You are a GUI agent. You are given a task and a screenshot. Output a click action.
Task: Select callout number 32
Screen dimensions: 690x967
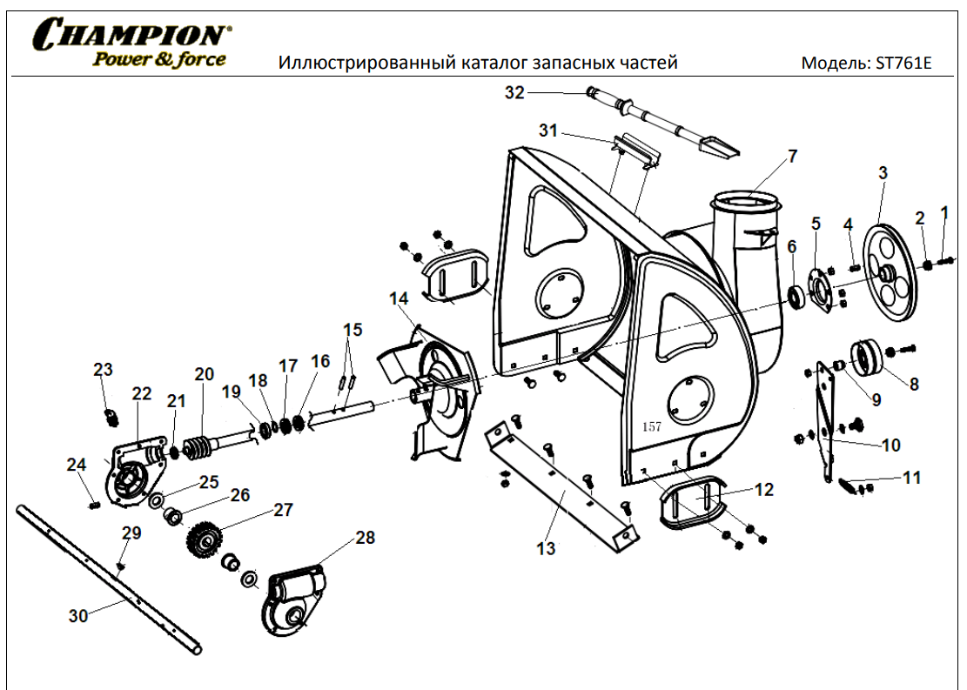point(514,92)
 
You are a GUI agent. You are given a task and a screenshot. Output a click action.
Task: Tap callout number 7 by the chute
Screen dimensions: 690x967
point(792,157)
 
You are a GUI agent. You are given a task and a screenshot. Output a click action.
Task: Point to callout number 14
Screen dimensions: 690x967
point(399,299)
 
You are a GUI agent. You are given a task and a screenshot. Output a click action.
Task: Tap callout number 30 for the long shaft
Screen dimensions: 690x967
point(78,615)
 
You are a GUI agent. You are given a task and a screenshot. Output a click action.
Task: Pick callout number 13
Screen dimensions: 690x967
point(546,549)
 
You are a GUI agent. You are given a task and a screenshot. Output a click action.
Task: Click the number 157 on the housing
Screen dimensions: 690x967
point(651,427)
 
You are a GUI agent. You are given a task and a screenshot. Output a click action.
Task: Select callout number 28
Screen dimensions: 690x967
point(365,538)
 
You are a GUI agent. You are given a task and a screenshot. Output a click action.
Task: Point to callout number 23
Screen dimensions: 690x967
point(103,370)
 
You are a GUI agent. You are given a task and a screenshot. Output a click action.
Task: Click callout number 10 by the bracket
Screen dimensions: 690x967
point(890,445)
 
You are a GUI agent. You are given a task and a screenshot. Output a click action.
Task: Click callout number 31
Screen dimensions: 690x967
point(547,131)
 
